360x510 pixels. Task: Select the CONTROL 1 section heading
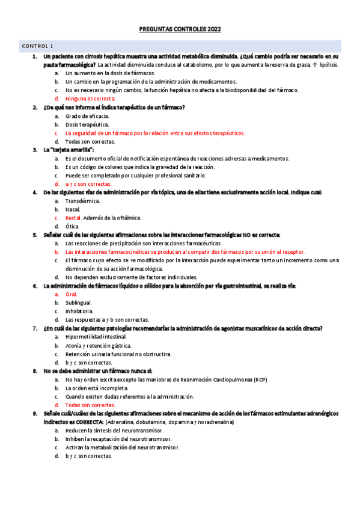click(38, 46)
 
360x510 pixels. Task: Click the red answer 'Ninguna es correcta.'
click(90, 98)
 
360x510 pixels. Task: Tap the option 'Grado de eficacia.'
click(87, 115)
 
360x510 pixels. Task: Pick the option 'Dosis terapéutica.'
click(87, 124)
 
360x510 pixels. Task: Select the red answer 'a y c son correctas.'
click(88, 183)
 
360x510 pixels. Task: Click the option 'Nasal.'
click(73, 209)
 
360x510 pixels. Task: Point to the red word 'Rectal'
click(73, 218)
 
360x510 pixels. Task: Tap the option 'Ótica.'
click(72, 226)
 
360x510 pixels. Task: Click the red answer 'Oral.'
click(71, 295)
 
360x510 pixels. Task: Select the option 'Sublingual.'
click(78, 303)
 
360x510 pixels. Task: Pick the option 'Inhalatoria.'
click(79, 312)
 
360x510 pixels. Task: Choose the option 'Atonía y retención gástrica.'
click(99, 346)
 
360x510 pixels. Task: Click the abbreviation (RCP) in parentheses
click(260, 380)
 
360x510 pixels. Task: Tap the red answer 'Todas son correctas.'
click(91, 405)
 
